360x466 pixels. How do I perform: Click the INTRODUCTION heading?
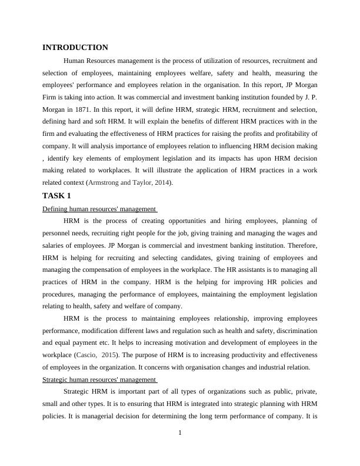click(75, 48)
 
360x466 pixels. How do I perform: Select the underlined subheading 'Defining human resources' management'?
click(99, 208)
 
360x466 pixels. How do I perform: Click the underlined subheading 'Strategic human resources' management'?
click(99, 380)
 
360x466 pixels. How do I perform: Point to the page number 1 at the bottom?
click(180, 434)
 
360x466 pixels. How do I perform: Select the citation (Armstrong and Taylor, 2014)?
click(129, 183)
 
